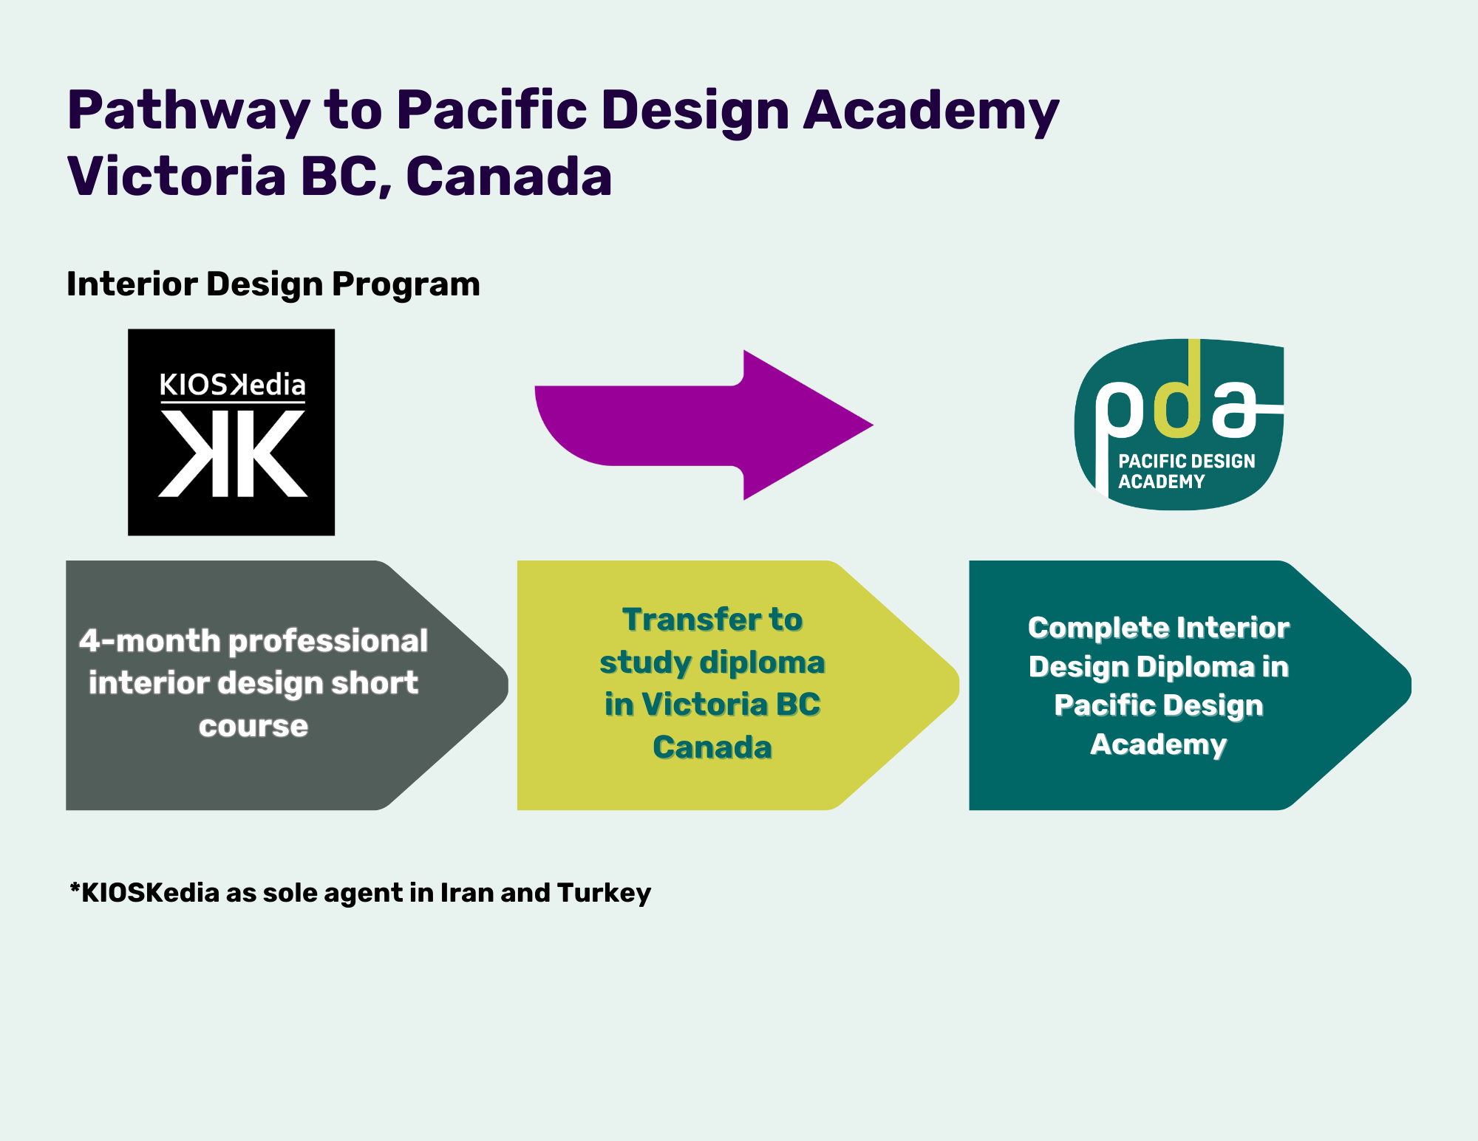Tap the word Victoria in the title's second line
(x=177, y=177)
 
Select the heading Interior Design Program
(x=273, y=284)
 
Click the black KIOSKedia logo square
(x=231, y=432)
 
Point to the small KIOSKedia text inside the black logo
(x=232, y=385)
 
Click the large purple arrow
(x=704, y=425)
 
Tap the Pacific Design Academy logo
(x=1179, y=425)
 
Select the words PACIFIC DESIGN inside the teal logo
(x=1187, y=462)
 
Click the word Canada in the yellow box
(x=712, y=747)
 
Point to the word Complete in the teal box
(x=1097, y=628)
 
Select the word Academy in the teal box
(x=1159, y=744)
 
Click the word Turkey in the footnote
(x=605, y=894)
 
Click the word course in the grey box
(x=253, y=727)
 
